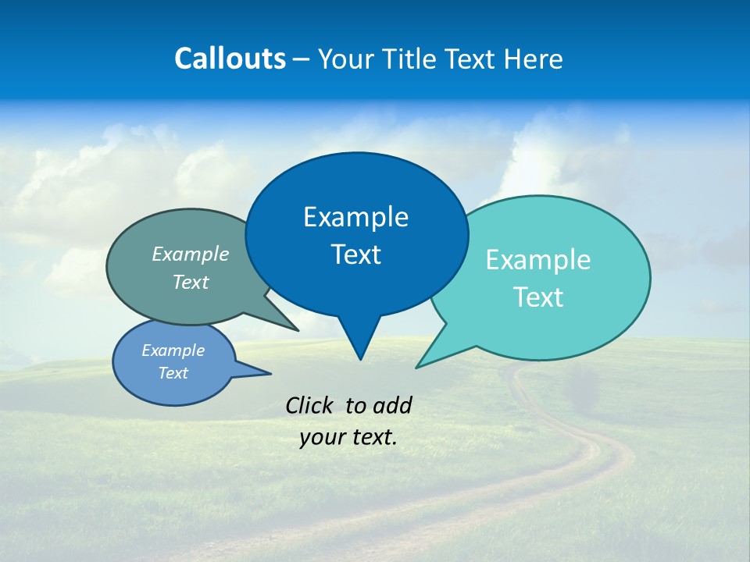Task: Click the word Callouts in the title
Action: tap(230, 59)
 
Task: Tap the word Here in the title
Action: tap(534, 59)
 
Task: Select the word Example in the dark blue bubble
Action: tap(355, 217)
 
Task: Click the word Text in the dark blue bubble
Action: tap(355, 254)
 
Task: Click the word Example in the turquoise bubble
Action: tap(538, 260)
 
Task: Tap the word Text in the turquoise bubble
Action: tap(538, 297)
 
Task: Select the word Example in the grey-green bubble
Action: tap(191, 254)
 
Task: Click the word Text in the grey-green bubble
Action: tap(191, 283)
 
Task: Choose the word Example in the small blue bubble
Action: tap(173, 350)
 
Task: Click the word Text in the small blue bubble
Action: tap(173, 373)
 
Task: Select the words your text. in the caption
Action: tap(348, 437)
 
